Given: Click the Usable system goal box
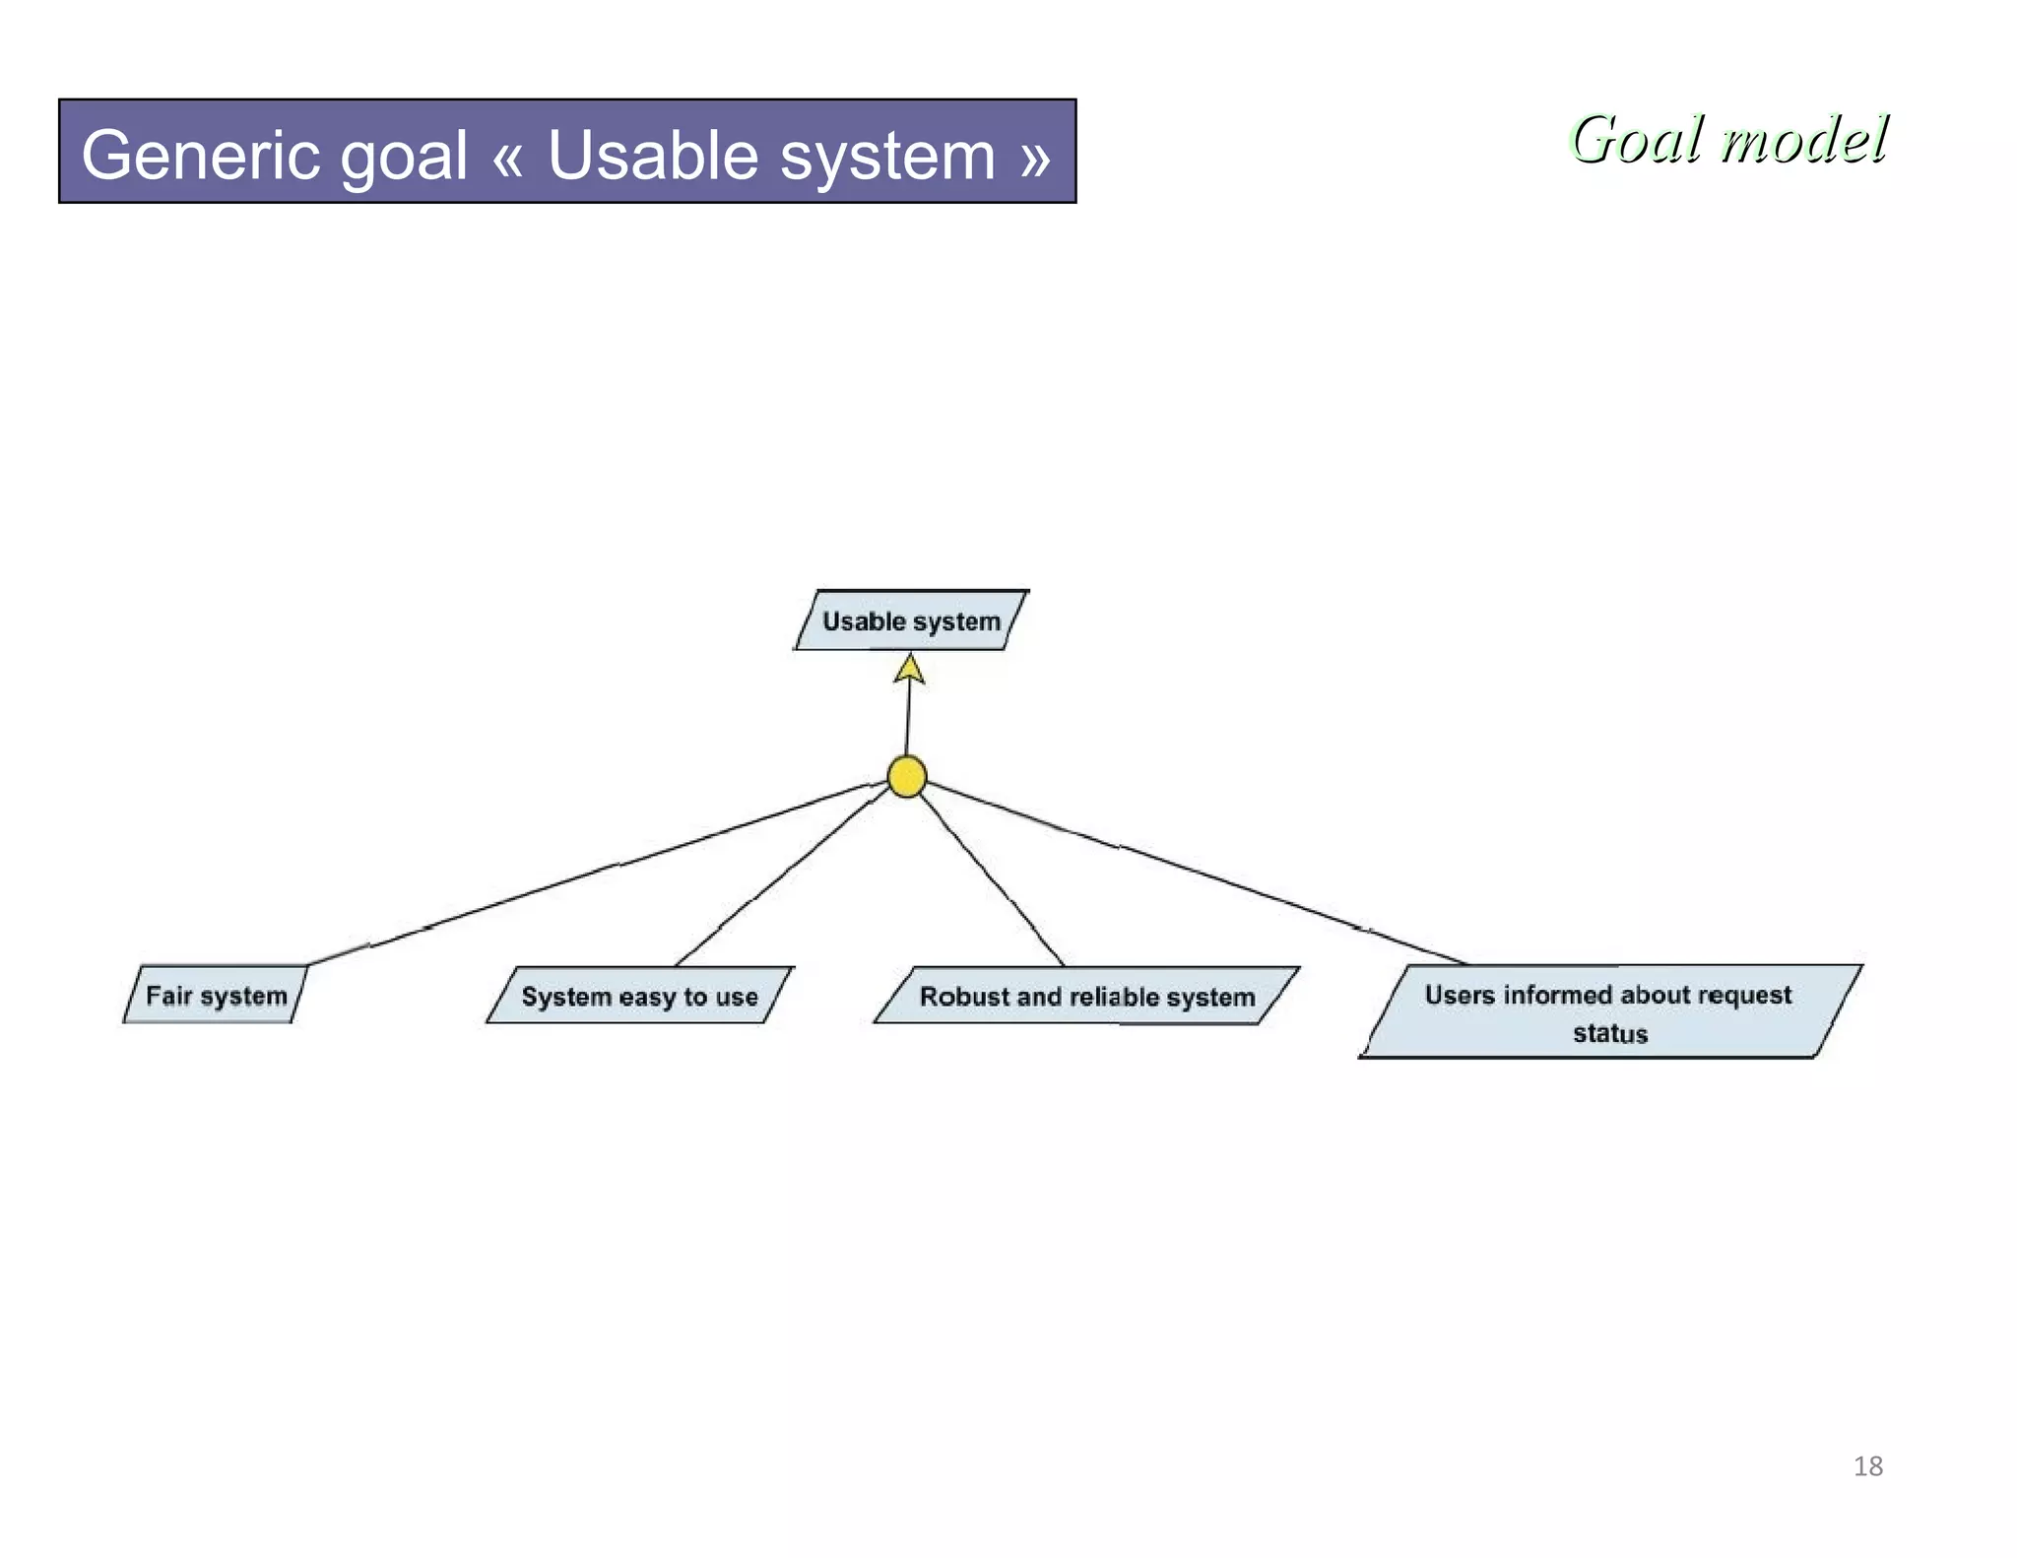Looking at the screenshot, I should pyautogui.click(x=911, y=621).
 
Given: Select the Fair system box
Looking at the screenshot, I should pyautogui.click(x=216, y=996).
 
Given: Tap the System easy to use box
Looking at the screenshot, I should pyautogui.click(x=639, y=997).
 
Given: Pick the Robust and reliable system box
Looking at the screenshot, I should pyautogui.click(x=1086, y=997).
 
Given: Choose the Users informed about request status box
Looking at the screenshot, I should pyautogui.click(x=1609, y=1012).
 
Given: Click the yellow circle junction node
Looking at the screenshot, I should pyautogui.click(x=906, y=777).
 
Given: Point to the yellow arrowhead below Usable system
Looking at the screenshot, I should pyautogui.click(x=909, y=670).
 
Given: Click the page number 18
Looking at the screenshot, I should pyautogui.click(x=1867, y=1466).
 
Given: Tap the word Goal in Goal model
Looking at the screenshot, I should pyautogui.click(x=1636, y=139).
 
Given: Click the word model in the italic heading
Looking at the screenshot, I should pyautogui.click(x=1804, y=139).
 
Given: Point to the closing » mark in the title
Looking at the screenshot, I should pyautogui.click(x=1035, y=157).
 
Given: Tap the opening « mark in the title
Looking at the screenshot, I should pyautogui.click(x=507, y=157).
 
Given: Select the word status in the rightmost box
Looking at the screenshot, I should pyautogui.click(x=1609, y=1033).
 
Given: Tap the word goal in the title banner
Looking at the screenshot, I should pyautogui.click(x=403, y=157).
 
